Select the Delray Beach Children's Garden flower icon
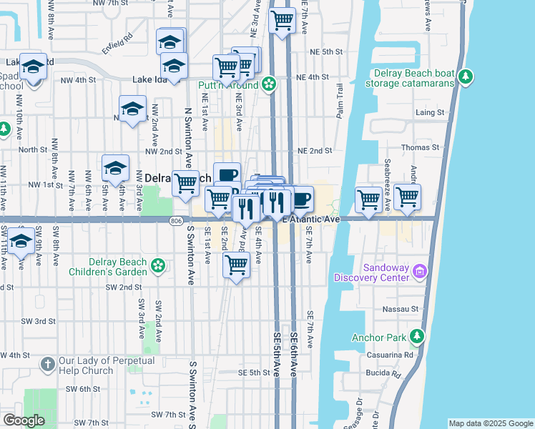(x=158, y=267)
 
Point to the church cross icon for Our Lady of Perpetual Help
(x=48, y=365)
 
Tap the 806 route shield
(x=176, y=221)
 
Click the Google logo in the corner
(x=24, y=420)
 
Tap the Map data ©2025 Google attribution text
(x=490, y=423)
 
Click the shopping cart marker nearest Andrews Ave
(x=407, y=196)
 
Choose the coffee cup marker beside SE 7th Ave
(x=301, y=197)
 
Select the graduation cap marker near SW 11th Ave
(x=21, y=240)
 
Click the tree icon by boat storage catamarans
(x=466, y=76)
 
